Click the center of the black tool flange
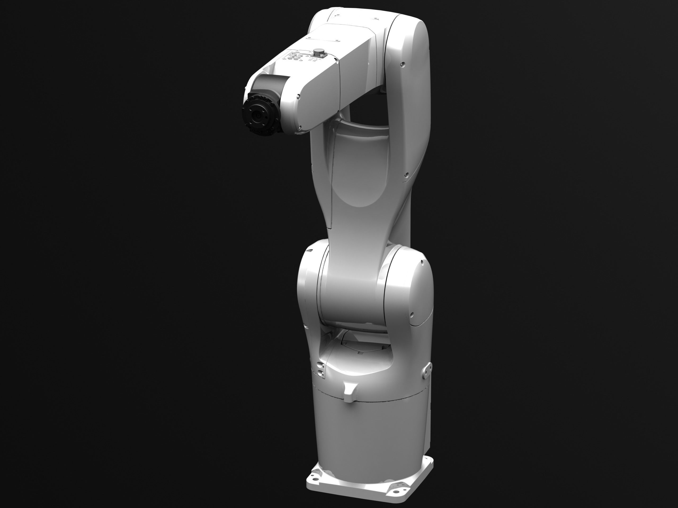[257, 116]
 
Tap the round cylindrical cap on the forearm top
[319, 51]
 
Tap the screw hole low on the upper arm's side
[407, 175]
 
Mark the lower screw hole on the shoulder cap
[412, 315]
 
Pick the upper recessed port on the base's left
[320, 365]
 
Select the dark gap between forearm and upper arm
[368, 110]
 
